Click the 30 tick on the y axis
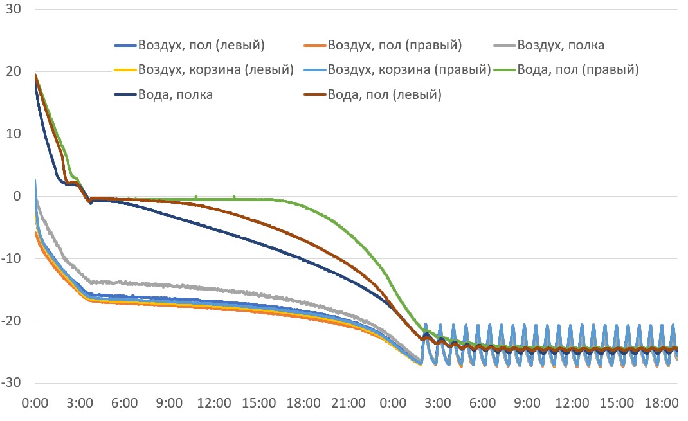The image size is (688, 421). coord(12,10)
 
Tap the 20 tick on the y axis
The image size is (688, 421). coord(12,72)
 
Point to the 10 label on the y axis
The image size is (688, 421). coord(12,134)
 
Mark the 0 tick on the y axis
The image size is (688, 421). coord(17,197)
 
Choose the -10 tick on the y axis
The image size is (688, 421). coord(10,259)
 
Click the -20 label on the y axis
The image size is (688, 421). coord(10,321)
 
